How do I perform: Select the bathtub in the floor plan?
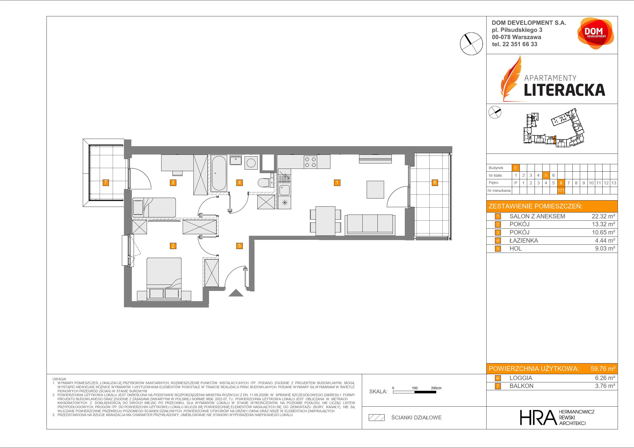click(219, 173)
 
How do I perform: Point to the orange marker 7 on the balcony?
click(106, 182)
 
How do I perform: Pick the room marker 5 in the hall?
click(239, 246)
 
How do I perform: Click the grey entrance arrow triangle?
click(236, 293)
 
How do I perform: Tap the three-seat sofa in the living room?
click(370, 225)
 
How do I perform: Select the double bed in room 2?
click(164, 279)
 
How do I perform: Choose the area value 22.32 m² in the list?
click(603, 216)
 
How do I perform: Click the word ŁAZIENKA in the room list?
click(524, 241)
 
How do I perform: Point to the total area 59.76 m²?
click(603, 369)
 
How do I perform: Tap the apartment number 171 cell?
click(561, 191)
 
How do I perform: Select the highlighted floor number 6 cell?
click(561, 183)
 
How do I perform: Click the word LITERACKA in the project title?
click(564, 90)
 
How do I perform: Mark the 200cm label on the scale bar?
click(436, 388)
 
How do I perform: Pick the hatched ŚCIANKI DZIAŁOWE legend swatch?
click(377, 418)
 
